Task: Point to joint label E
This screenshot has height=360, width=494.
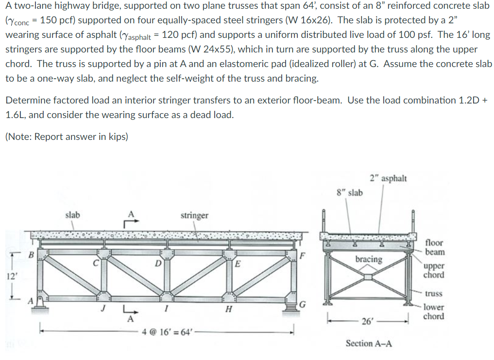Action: click(238, 264)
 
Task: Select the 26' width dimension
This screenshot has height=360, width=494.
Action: click(368, 321)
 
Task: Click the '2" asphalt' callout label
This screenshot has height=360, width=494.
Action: click(388, 178)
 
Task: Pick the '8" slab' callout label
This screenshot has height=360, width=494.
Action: click(349, 192)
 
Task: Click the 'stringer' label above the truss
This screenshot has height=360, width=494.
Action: click(194, 215)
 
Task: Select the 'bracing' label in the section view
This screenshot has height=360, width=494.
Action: click(369, 259)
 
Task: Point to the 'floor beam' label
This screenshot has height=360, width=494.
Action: click(434, 247)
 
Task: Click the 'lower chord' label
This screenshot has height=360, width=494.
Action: click(433, 311)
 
